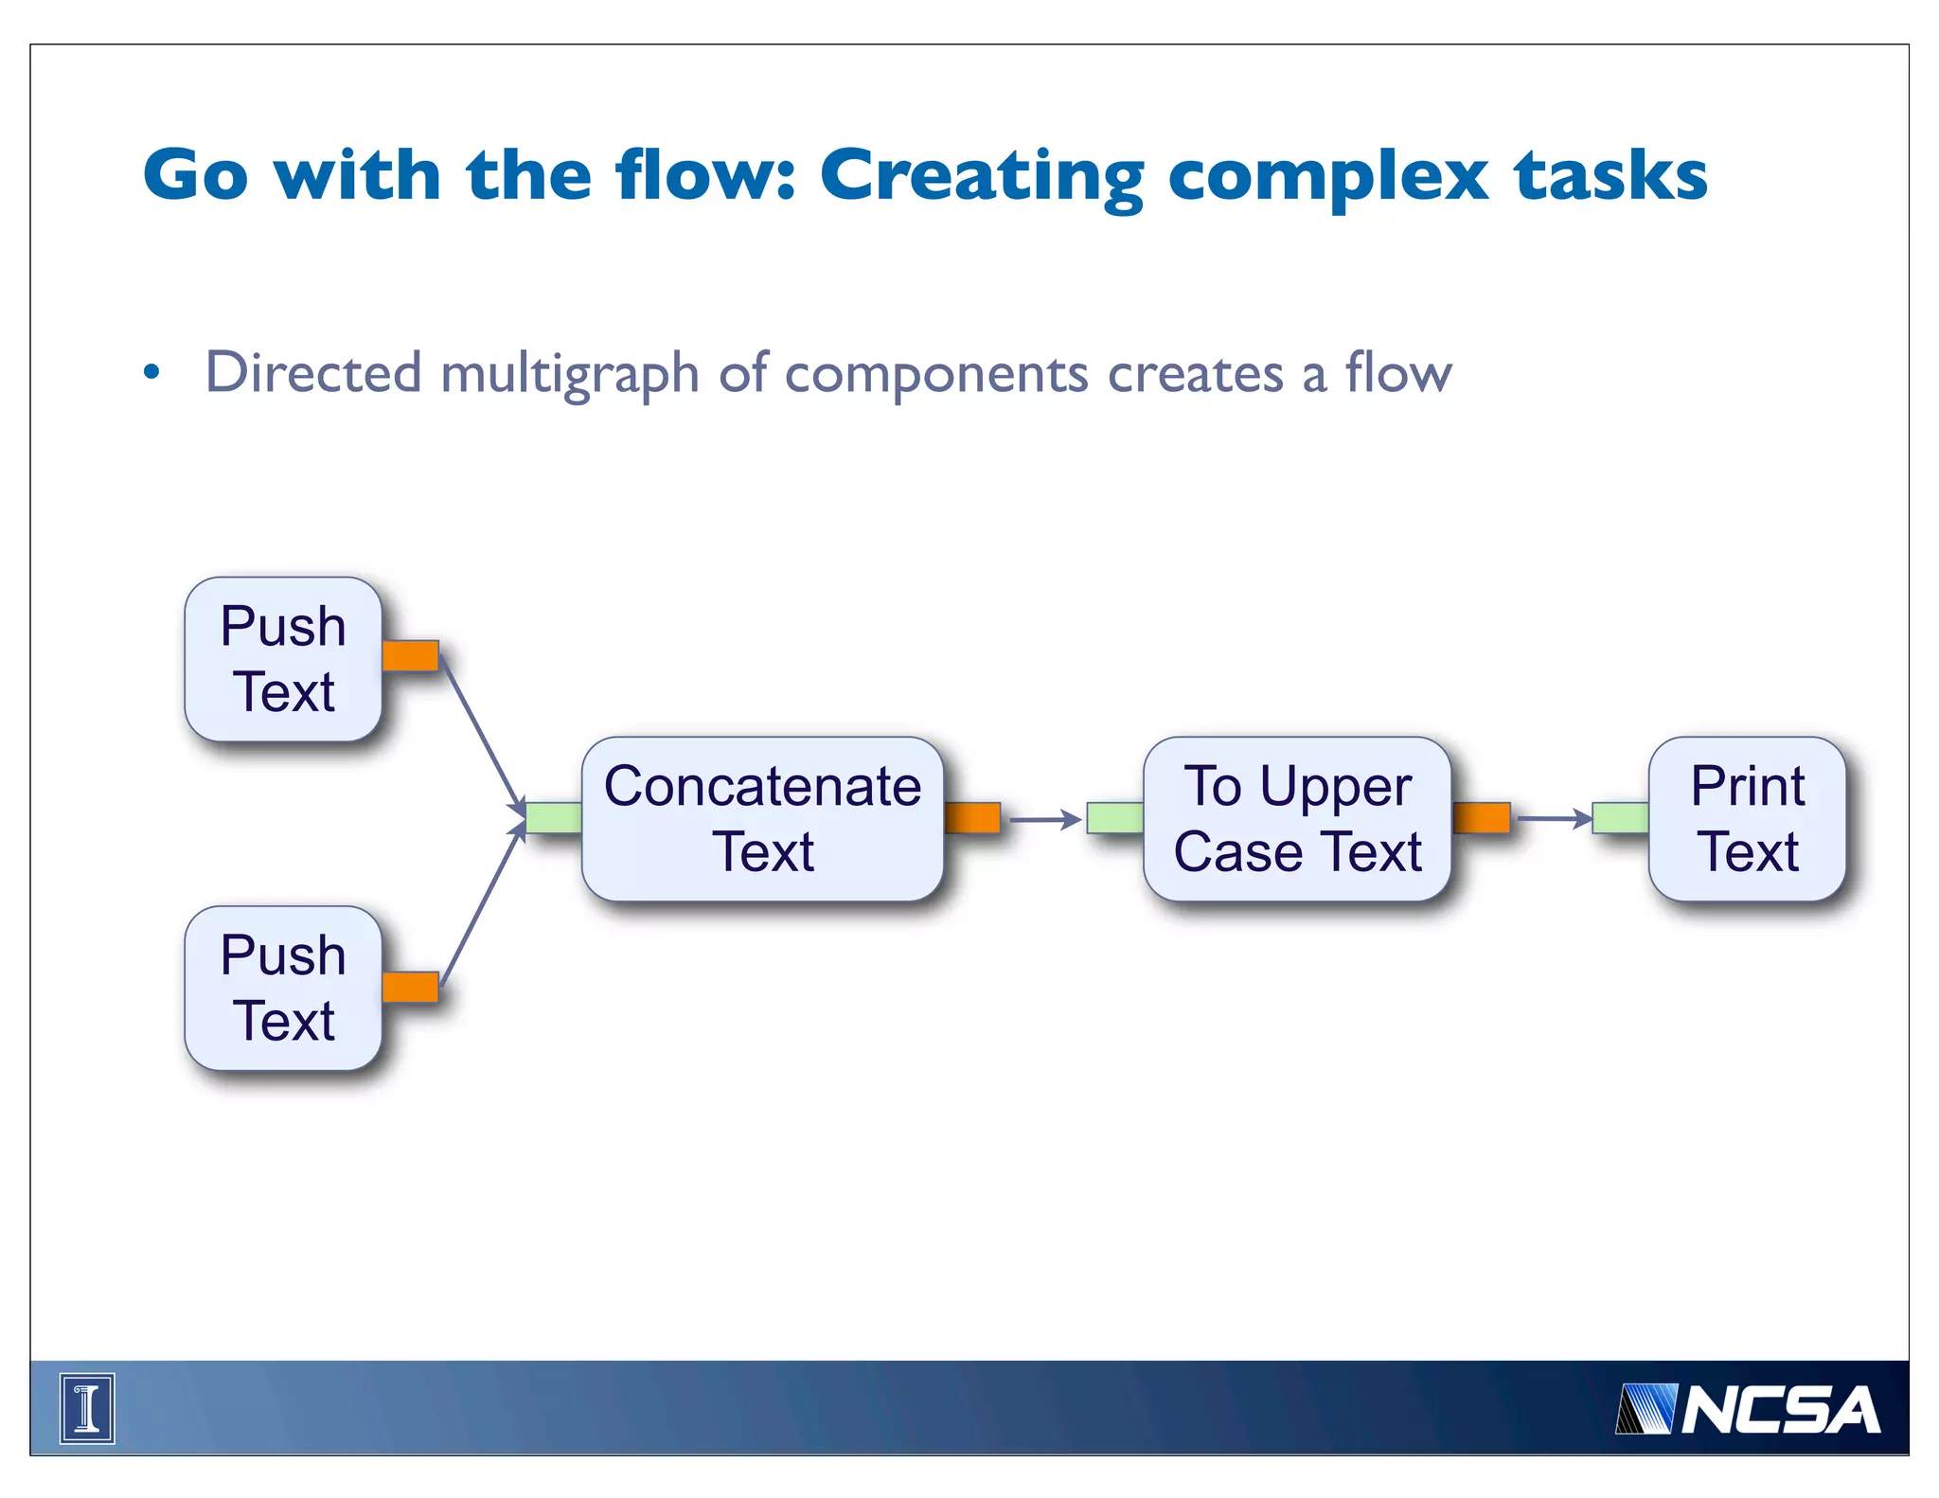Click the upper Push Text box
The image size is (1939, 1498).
(283, 659)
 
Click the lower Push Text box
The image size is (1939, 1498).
(283, 988)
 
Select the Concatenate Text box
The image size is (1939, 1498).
(762, 818)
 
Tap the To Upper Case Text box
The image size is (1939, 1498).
(1297, 818)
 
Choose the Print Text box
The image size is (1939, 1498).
(1747, 818)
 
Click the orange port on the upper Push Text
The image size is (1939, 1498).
(411, 655)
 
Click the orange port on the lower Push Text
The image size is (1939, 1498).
(411, 987)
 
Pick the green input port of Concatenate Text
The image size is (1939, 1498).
(554, 817)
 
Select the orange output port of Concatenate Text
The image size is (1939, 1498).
(972, 817)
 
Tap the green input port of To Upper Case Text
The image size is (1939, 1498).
(1115, 817)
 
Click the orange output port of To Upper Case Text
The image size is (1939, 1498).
(1482, 817)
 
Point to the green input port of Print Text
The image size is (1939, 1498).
(1621, 817)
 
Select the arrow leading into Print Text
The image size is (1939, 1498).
(1553, 818)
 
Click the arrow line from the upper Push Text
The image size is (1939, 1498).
(481, 734)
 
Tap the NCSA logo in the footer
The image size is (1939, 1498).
(1748, 1409)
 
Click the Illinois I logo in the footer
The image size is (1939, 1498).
(87, 1408)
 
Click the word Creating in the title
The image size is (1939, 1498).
(981, 177)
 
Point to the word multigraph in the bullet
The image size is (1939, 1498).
(569, 374)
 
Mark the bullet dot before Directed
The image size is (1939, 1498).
(151, 371)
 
